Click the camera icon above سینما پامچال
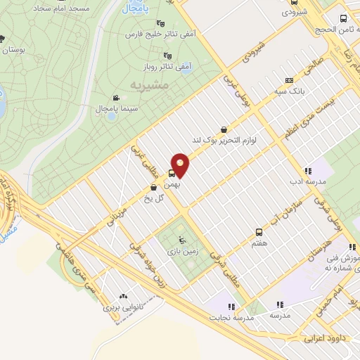(x=115, y=97)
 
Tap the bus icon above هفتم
(x=259, y=231)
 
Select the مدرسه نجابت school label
(x=229, y=316)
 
